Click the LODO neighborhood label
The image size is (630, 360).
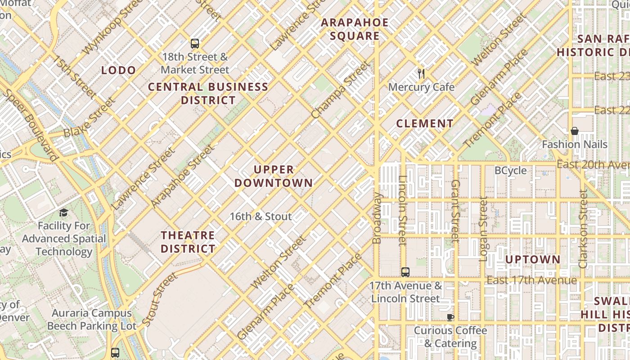point(118,70)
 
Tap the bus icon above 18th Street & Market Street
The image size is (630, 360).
point(194,44)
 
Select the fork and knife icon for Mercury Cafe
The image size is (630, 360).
point(421,74)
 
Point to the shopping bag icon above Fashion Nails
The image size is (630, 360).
point(574,131)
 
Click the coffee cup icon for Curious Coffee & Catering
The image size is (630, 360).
point(450,317)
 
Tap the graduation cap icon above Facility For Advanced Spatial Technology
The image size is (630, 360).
point(63,212)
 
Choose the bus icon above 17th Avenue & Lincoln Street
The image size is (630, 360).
point(405,272)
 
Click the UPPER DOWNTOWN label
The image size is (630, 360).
point(274,176)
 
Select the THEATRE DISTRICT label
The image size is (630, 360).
point(188,242)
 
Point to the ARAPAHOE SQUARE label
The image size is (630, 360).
point(355,29)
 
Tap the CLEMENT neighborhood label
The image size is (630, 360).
point(425,123)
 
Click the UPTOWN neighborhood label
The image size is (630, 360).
point(533,260)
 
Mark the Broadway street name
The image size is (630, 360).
point(377,218)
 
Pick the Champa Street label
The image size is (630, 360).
point(341,90)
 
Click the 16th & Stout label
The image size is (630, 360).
point(261,216)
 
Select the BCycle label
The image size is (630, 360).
point(510,171)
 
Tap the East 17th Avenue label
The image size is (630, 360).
point(531,280)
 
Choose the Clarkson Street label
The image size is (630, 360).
point(583,229)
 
